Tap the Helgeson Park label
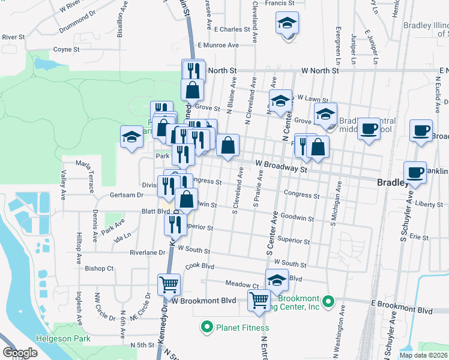(x=62, y=339)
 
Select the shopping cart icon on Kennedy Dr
(x=169, y=284)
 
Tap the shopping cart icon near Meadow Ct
(x=259, y=300)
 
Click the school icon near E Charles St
(x=287, y=24)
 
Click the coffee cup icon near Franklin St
(x=415, y=172)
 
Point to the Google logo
(x=19, y=352)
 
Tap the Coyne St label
(x=67, y=50)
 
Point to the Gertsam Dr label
(x=127, y=195)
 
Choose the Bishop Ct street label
(x=100, y=268)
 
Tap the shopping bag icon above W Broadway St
(x=228, y=145)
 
